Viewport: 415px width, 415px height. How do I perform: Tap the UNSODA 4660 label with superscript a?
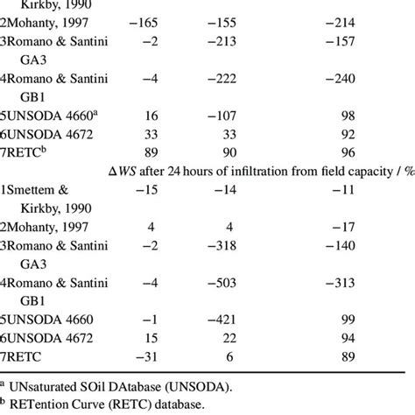coord(54,115)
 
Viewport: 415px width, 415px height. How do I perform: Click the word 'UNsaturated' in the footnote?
coord(44,384)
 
